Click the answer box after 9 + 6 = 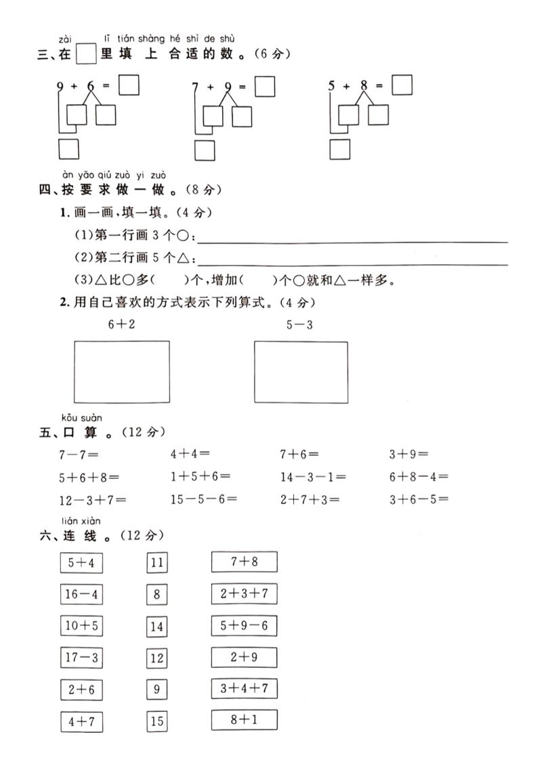point(129,86)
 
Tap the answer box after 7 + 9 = point(265,87)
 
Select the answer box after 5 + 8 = point(402,86)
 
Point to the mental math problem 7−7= point(79,454)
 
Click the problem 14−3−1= point(313,477)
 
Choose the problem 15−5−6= point(203,500)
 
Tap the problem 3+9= point(408,454)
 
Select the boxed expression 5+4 point(81,563)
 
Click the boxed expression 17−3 point(81,657)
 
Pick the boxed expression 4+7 point(81,721)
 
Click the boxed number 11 point(157,563)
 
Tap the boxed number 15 point(157,721)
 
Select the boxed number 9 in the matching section point(157,690)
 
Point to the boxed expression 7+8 point(244,562)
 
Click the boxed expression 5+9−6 point(244,625)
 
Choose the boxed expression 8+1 point(244,720)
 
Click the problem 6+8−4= point(418,477)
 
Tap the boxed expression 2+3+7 point(244,594)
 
